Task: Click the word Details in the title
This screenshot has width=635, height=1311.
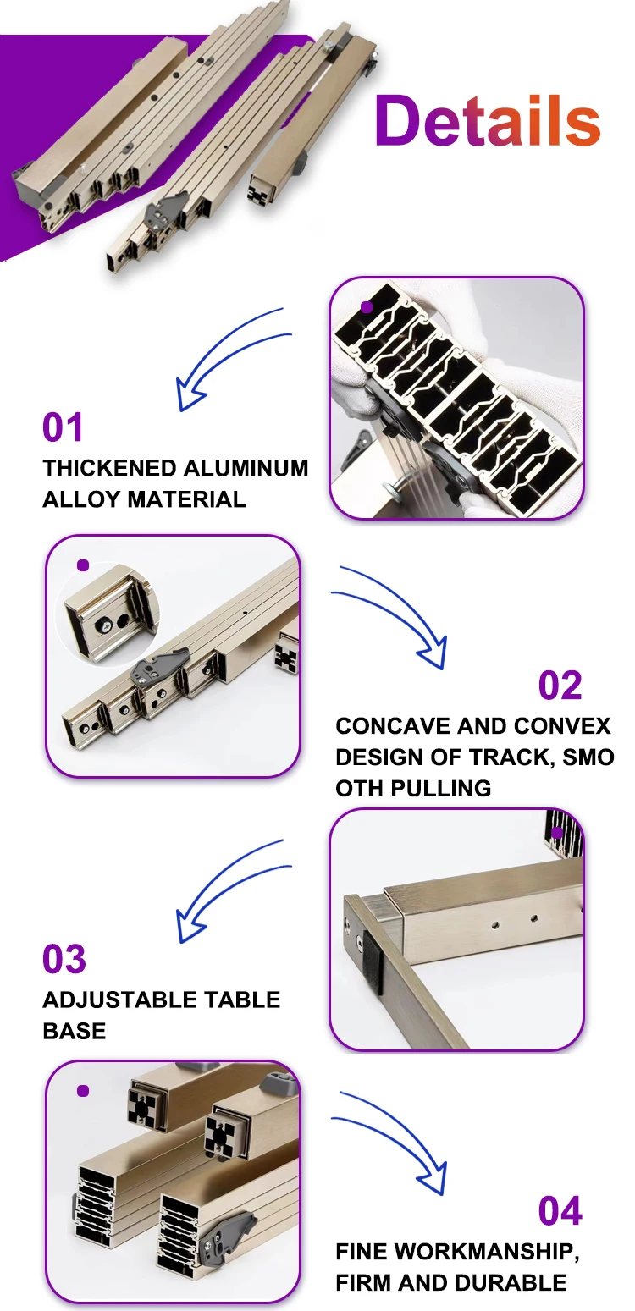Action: tap(488, 120)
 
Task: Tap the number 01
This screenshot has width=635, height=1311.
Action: tap(63, 427)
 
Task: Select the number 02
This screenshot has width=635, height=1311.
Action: tap(560, 686)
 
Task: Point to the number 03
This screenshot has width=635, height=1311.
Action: tap(63, 959)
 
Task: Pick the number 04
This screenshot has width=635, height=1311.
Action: tap(560, 1211)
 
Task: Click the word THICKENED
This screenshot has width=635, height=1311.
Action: tap(109, 468)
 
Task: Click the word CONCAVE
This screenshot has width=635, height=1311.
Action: tap(393, 726)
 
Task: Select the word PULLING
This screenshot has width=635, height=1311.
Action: tap(441, 788)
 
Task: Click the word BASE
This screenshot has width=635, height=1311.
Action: tap(75, 1031)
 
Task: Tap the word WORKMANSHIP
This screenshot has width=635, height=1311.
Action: tap(486, 1252)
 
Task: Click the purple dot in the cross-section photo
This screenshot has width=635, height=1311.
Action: tap(367, 307)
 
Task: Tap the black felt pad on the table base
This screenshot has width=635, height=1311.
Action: tap(373, 963)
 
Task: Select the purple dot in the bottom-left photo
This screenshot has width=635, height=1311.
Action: tap(83, 1091)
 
